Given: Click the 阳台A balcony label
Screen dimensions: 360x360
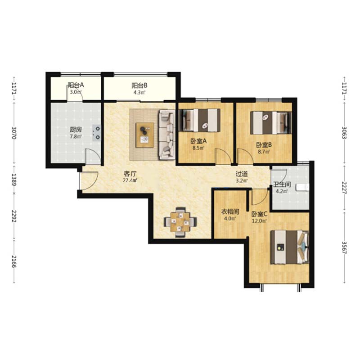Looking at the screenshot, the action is point(76,85).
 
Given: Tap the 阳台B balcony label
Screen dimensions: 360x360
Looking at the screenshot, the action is point(139,85).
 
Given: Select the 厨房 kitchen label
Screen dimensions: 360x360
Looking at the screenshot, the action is point(76,130).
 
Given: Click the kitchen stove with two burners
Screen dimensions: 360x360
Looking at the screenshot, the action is point(97,133).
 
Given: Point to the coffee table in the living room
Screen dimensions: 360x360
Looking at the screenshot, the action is point(145,135).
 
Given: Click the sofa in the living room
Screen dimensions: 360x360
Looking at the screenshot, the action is point(167,135).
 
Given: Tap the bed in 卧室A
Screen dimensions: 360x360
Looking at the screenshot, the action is point(199,120).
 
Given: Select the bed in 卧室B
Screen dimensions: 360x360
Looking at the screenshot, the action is point(271,122).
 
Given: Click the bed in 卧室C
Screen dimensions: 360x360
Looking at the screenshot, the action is point(289,247).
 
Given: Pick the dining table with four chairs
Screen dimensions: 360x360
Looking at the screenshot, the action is point(180,222).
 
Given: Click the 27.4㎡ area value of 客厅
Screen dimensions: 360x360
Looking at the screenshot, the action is point(130,180).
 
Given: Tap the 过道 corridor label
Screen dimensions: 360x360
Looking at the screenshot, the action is point(242,174).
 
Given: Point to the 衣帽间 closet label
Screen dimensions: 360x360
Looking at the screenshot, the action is point(230,211).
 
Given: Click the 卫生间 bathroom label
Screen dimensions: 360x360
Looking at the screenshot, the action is point(282,184).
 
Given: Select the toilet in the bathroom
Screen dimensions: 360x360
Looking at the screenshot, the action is point(302,187).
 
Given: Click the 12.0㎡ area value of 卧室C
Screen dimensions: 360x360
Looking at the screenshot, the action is point(259,221).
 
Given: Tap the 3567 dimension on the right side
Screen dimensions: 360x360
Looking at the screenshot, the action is point(344,247).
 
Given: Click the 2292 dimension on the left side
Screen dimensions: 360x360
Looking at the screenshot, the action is point(14,216).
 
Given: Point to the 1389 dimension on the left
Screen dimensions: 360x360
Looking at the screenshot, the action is point(14,180).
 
